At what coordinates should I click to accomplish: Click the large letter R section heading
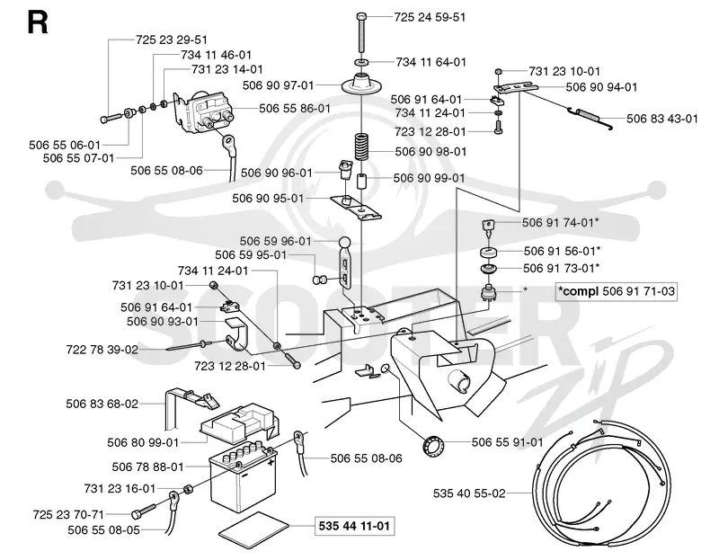point(38,23)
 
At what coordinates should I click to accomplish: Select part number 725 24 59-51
point(430,17)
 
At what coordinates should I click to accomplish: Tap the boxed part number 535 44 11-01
point(354,526)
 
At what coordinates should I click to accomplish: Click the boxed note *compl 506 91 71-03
point(617,291)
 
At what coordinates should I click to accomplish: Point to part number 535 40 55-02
point(469,493)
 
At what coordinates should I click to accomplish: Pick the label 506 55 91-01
point(507,442)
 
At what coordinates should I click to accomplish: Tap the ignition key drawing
point(489,227)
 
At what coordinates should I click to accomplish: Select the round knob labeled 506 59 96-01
point(345,242)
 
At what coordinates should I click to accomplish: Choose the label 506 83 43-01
point(662,119)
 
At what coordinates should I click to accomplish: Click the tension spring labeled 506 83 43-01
point(591,116)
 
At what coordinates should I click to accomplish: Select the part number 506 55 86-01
point(295,108)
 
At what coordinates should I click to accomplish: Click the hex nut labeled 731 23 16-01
point(188,489)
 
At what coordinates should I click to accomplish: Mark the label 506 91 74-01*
point(560,222)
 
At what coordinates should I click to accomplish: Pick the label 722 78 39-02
point(102,350)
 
